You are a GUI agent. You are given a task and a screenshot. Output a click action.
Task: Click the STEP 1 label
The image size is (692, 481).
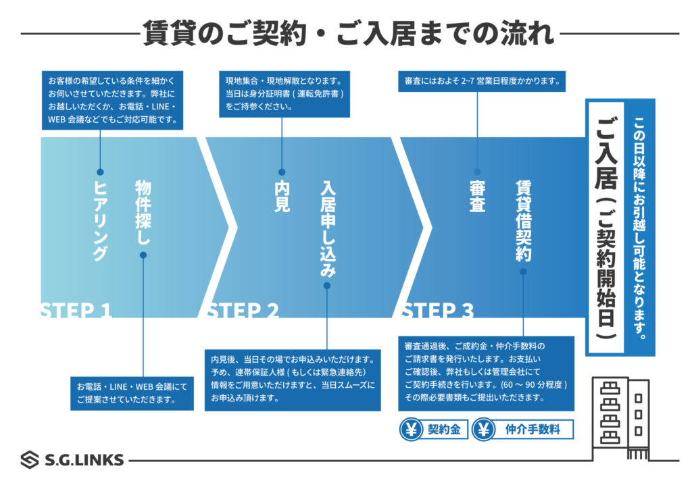click(75, 311)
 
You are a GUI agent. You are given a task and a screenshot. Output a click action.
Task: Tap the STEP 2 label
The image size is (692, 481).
click(242, 311)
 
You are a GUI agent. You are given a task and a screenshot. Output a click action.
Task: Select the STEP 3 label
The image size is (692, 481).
click(437, 311)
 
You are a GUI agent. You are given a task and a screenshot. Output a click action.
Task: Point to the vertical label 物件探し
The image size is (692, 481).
click(143, 212)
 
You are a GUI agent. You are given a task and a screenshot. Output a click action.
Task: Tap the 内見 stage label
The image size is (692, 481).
click(282, 197)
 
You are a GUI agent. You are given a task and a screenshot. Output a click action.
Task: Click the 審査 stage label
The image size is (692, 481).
click(477, 197)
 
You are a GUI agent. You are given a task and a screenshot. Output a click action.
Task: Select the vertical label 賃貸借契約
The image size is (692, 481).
click(523, 220)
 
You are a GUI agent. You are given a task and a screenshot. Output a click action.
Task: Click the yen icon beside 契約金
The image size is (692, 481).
click(411, 430)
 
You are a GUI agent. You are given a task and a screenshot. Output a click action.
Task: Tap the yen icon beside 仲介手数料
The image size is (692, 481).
click(483, 430)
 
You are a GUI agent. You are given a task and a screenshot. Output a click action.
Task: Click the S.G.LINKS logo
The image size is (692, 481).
click(72, 460)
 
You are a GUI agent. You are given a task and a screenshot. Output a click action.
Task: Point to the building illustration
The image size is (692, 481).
click(620, 419)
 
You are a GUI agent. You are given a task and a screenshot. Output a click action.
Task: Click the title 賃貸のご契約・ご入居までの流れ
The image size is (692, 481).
click(349, 33)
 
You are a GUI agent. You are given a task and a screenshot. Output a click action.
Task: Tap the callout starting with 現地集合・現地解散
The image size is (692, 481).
click(285, 94)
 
